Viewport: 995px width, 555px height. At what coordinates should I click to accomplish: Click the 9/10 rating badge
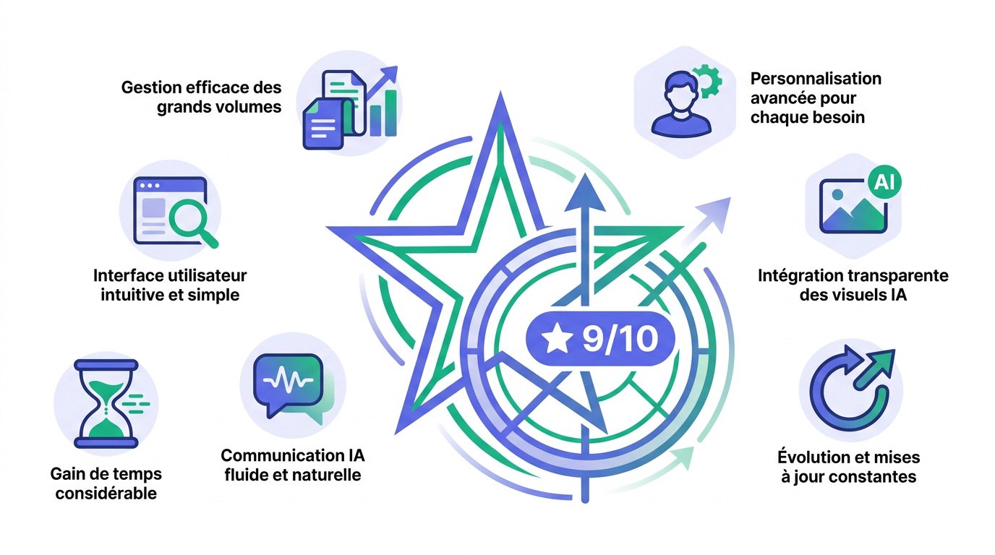pos(600,339)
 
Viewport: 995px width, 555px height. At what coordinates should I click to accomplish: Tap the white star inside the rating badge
pos(557,339)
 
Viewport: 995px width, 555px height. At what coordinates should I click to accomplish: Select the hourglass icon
pos(106,403)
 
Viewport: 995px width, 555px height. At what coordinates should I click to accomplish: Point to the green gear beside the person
pos(708,81)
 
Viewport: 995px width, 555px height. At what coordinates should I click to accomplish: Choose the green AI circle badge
pos(884,182)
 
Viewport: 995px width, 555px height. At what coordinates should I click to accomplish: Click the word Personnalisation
pos(816,79)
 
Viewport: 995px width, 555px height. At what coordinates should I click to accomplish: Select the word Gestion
pos(151,87)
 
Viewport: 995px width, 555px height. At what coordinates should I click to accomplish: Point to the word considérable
pos(106,494)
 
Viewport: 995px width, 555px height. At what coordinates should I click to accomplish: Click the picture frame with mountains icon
pos(853,206)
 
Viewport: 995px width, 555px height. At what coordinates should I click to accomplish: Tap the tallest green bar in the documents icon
pos(390,113)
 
